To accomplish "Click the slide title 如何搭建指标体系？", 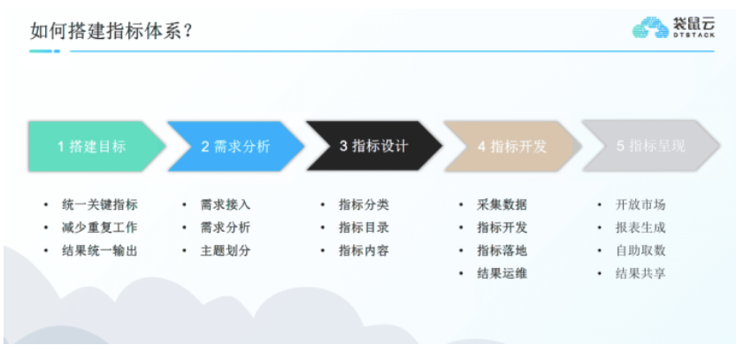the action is pos(112,31).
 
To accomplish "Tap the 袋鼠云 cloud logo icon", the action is pos(649,29).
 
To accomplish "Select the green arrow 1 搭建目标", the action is pos(94,147).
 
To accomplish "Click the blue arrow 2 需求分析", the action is pos(234,147).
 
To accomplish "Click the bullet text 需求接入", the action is pos(226,204).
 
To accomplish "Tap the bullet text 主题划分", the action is pos(226,250).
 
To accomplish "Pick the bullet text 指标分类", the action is pos(364,204).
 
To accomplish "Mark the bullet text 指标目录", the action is pos(364,227).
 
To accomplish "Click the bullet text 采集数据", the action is pos(502,204).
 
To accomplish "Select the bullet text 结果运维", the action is pos(502,273).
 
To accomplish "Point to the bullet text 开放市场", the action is pos(640,204).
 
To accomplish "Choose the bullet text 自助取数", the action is pos(640,250).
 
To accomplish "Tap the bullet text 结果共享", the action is pos(640,273).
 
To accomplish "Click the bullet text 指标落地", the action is pos(502,250).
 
